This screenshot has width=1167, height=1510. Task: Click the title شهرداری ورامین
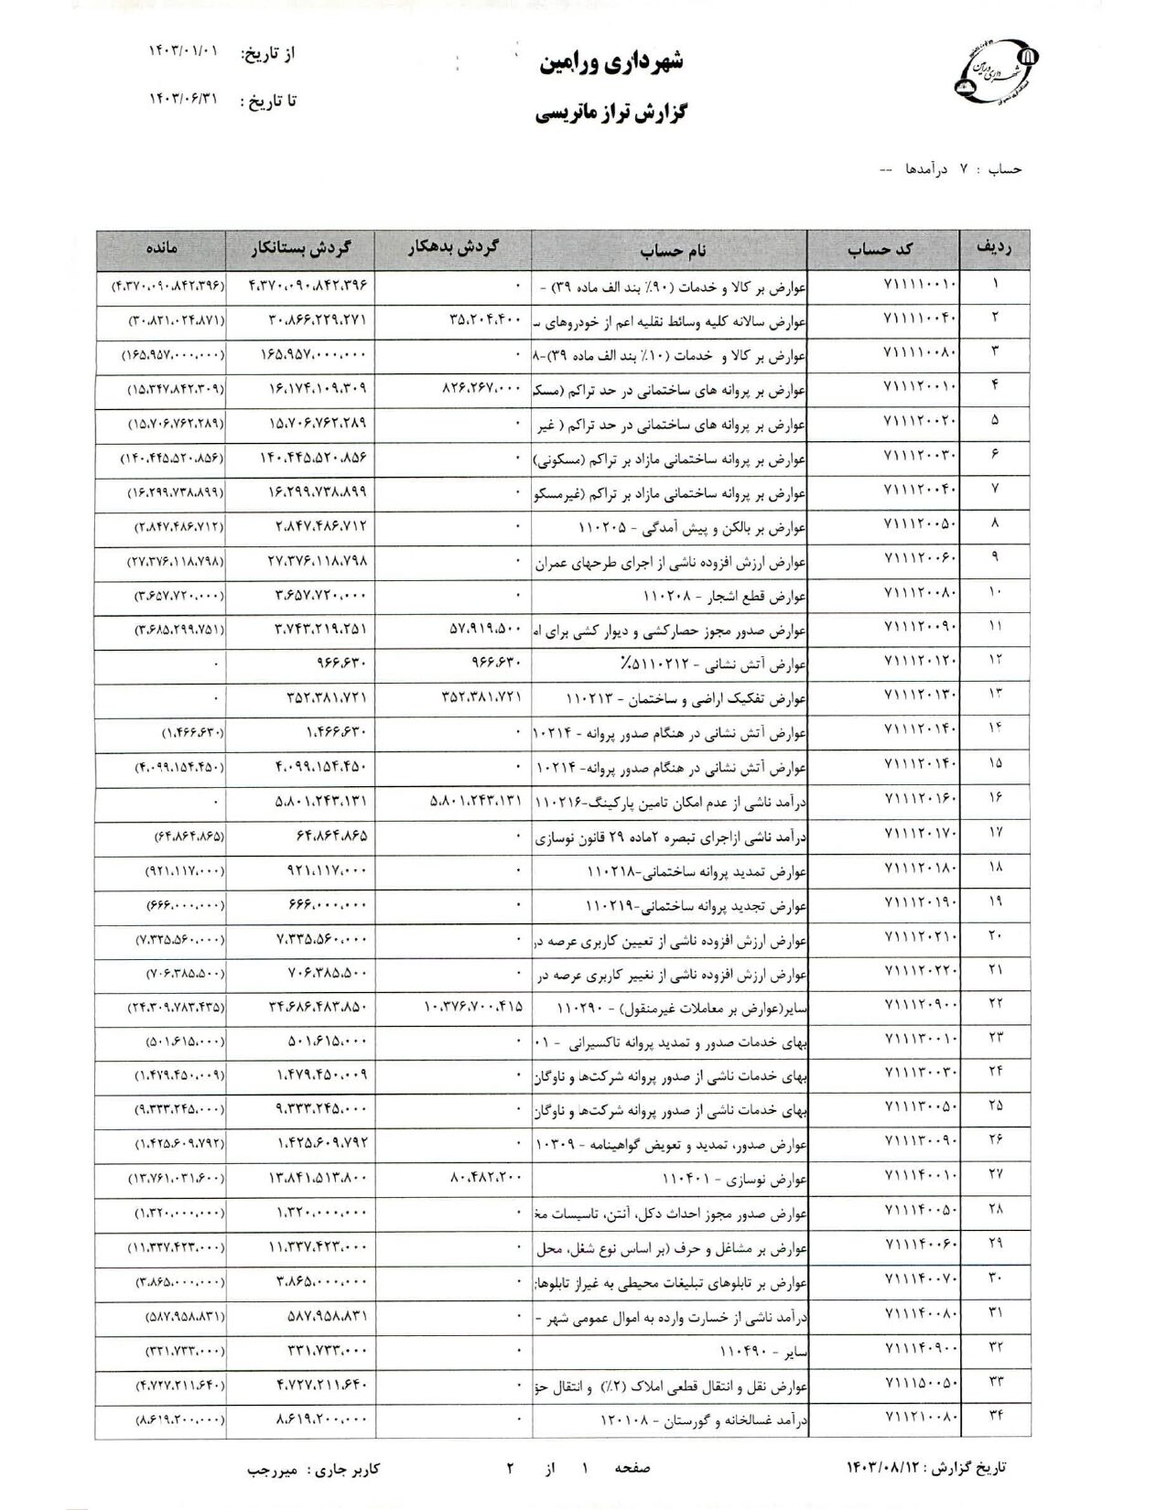[614, 64]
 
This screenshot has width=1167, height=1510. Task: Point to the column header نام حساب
[669, 249]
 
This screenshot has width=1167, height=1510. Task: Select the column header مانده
[160, 249]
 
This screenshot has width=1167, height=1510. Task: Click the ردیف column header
[995, 249]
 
